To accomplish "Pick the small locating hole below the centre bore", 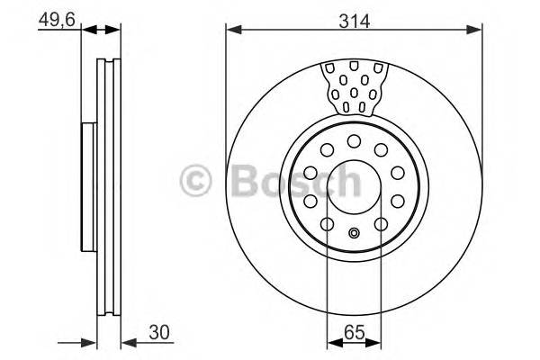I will pyautogui.click(x=354, y=235).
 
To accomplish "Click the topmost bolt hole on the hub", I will pyautogui.click(x=354, y=140).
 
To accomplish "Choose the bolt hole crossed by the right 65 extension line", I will pyautogui.click(x=382, y=223).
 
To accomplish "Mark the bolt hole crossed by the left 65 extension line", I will pyautogui.click(x=326, y=223).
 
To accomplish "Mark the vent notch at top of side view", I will pyautogui.click(x=109, y=65).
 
